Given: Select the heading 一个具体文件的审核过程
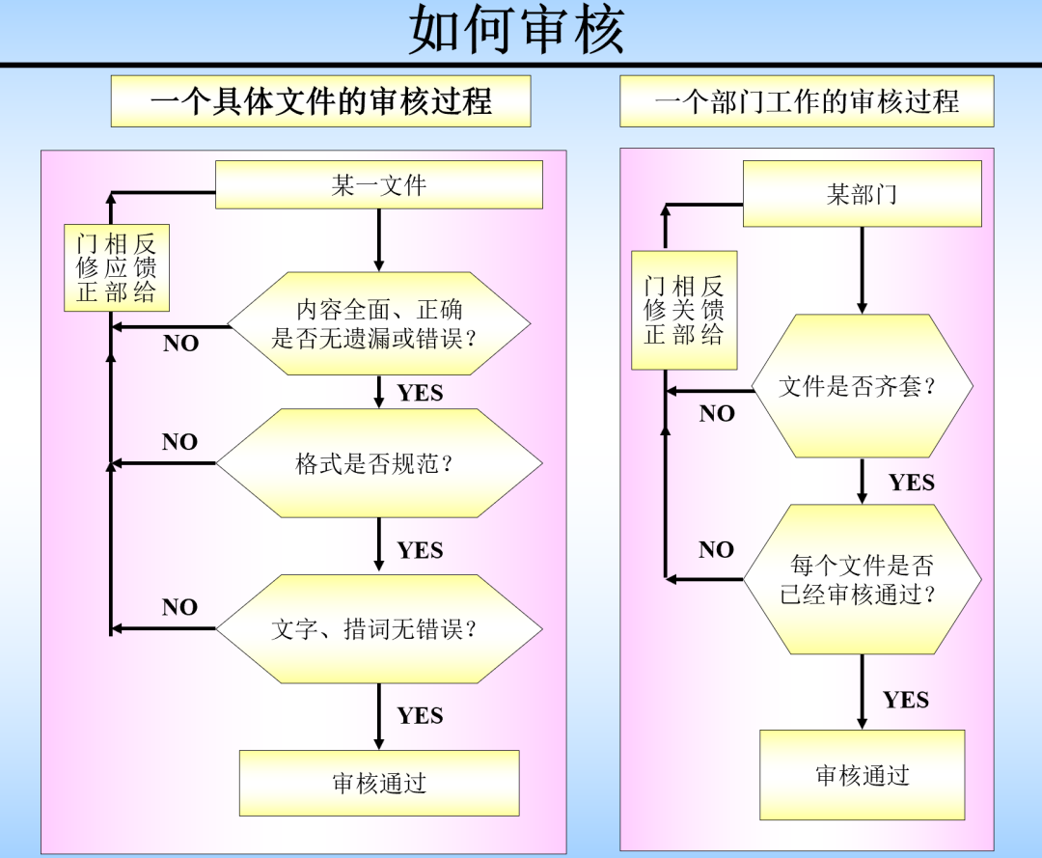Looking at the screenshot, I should tap(320, 101).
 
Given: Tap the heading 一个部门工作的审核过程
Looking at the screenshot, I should tap(807, 101).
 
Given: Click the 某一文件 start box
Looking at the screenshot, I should tap(378, 184).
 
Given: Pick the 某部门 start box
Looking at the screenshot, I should tap(862, 194).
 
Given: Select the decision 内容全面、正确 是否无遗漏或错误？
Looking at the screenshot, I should tap(378, 323).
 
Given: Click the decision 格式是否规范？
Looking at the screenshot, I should tap(378, 463).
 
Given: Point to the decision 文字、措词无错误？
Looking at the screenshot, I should tap(378, 629).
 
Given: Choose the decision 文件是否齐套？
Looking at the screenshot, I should tap(862, 386).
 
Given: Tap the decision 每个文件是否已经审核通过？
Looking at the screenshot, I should tap(862, 579).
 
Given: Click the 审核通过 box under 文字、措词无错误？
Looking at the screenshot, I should tap(379, 783).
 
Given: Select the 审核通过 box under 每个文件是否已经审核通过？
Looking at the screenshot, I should tap(862, 775).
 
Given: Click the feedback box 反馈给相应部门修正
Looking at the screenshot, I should tap(117, 267).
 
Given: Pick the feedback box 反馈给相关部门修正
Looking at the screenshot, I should tap(684, 310).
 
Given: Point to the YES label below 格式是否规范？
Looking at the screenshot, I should tap(420, 550).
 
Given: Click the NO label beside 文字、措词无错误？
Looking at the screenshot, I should tap(179, 607).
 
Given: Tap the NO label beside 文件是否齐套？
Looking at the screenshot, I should tap(717, 413).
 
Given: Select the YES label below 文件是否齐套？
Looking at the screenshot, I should tap(911, 482).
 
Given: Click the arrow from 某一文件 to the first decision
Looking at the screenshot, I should tap(379, 239).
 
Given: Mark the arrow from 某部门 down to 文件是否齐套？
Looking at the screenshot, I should tap(862, 270).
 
